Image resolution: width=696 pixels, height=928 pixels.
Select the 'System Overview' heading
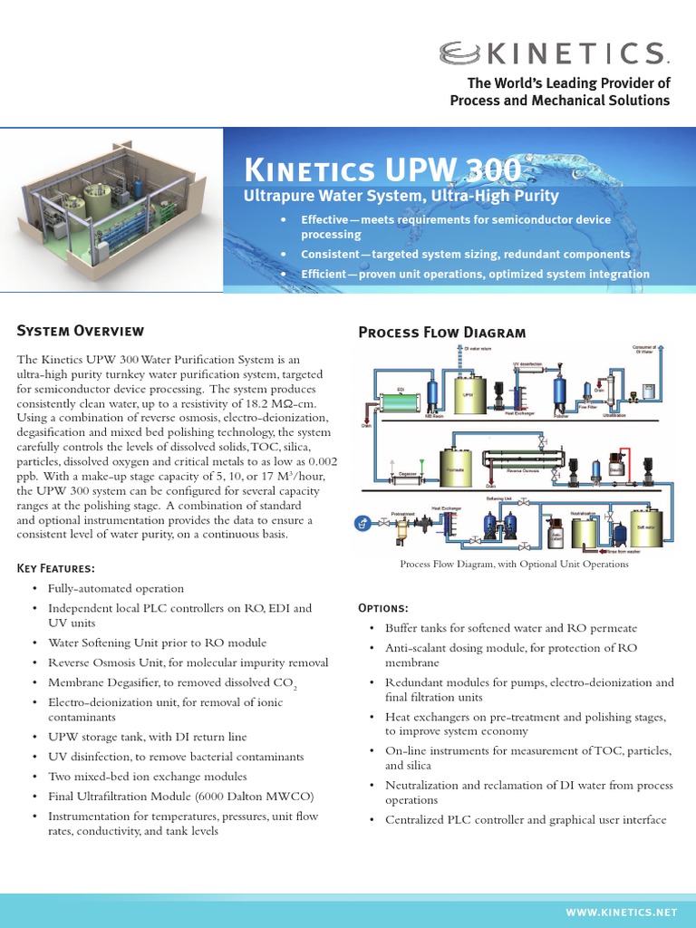tap(81, 331)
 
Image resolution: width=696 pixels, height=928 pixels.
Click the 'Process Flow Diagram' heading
tap(441, 333)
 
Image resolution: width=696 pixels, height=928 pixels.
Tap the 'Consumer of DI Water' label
tap(643, 349)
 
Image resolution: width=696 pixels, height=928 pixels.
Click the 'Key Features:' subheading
tap(56, 568)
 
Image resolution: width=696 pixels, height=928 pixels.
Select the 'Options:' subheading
tap(383, 606)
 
